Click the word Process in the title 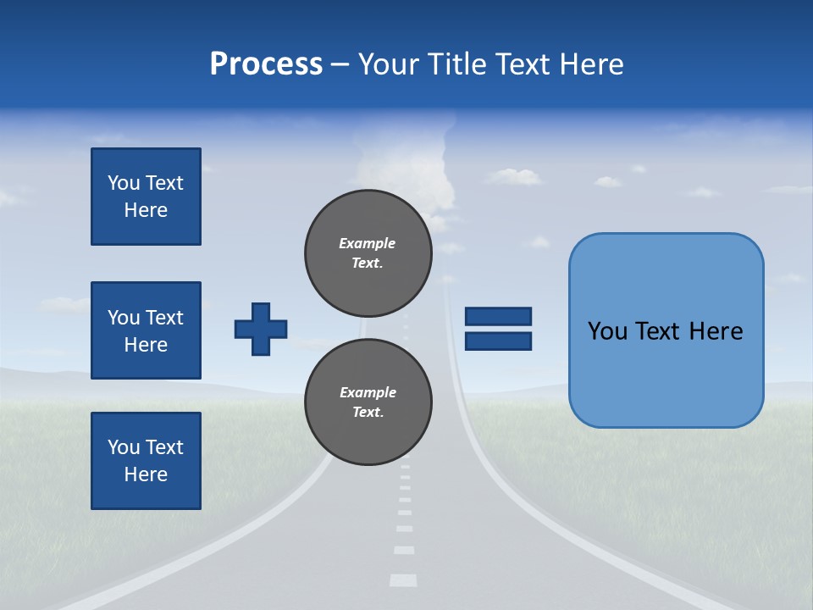pos(266,64)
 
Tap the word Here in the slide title pos(590,64)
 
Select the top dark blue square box pos(146,197)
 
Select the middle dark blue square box pos(146,330)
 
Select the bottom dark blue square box pos(146,461)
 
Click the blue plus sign pos(261,329)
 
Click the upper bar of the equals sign pos(498,316)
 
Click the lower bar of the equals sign pos(498,341)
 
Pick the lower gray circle pos(368,402)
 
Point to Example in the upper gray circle pos(368,243)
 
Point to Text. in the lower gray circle pos(368,413)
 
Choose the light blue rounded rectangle pos(666,330)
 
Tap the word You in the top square pos(124,183)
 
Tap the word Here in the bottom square pos(146,474)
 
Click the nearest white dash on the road pos(403,580)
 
